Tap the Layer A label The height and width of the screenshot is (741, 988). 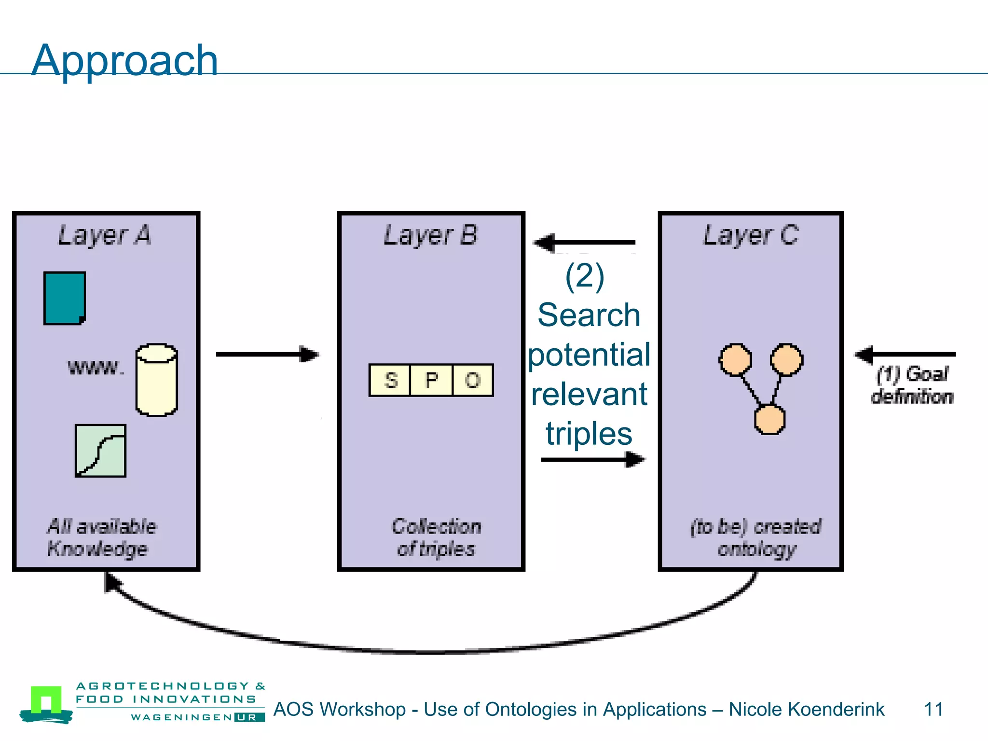coord(105,235)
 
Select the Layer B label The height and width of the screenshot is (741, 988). coord(430,235)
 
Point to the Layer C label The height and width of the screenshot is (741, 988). coord(751,235)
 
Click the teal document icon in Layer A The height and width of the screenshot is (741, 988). coord(65,298)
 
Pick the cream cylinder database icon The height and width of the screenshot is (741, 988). coord(156,380)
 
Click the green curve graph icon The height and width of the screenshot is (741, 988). coord(100,451)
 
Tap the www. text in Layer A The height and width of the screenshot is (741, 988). coord(95,368)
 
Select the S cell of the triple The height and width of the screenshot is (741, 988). coord(390,380)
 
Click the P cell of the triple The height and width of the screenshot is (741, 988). coord(431,380)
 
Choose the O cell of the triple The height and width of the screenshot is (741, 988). coord(472,380)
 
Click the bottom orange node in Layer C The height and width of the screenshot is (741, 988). coord(769,419)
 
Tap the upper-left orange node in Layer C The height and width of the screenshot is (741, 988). coord(735,359)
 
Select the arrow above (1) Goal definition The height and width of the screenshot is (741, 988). coord(905,354)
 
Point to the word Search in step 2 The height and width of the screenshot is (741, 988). coord(589,315)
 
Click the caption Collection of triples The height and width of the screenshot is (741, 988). coord(436,537)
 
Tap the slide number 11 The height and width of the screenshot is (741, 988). coord(933,709)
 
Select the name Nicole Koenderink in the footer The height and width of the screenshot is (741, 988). coord(806,709)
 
